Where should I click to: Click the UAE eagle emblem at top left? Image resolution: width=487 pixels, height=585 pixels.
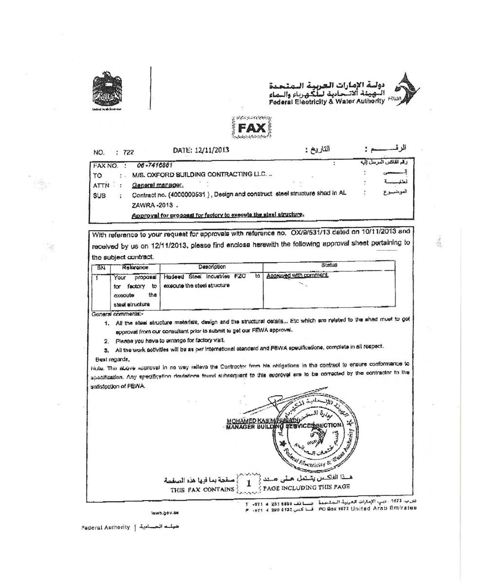pos(107,90)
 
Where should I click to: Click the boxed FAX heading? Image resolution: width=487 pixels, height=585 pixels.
pos(252,128)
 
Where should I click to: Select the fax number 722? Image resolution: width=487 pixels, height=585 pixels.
pos(128,152)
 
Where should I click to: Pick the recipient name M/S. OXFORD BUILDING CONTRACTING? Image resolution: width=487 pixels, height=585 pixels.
pos(199,175)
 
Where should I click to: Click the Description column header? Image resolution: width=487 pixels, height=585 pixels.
pos(212,267)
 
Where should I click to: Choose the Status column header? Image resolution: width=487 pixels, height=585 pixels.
pos(329,265)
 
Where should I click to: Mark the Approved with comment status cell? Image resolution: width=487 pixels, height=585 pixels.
pos(297,276)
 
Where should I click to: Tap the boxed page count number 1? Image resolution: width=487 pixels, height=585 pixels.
pos(248,484)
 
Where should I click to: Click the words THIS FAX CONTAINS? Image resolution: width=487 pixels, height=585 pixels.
pos(202,489)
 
